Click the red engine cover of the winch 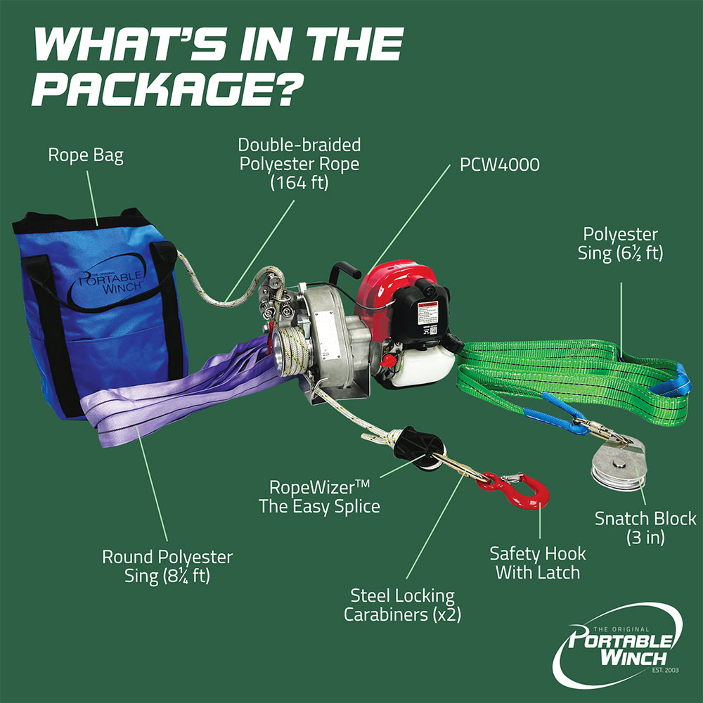click(x=390, y=285)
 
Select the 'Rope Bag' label click(x=86, y=155)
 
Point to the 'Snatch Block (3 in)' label click(x=645, y=527)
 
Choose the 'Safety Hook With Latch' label click(x=538, y=562)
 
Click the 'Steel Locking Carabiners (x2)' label click(x=399, y=605)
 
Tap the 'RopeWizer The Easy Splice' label click(x=319, y=496)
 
